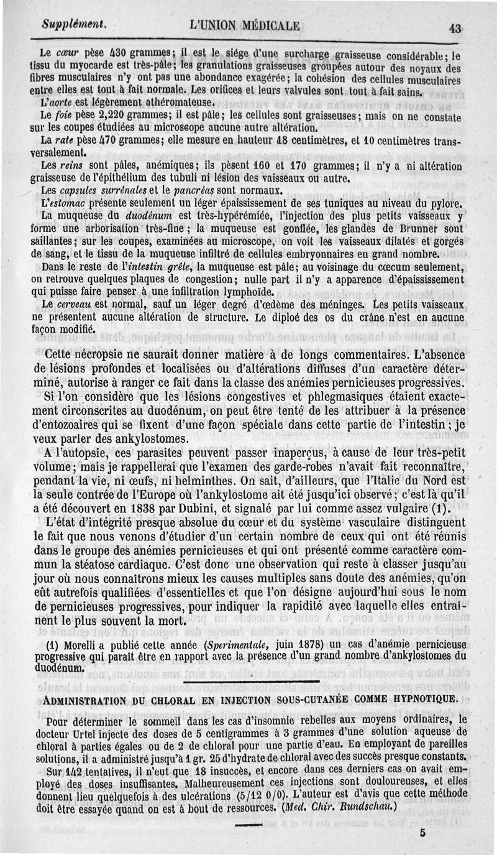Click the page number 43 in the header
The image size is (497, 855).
click(x=456, y=27)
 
